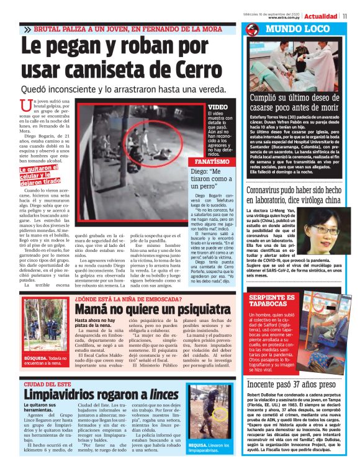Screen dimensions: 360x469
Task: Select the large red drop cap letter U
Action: [x=25, y=106]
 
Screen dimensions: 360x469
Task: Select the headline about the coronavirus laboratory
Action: [x=294, y=196]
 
